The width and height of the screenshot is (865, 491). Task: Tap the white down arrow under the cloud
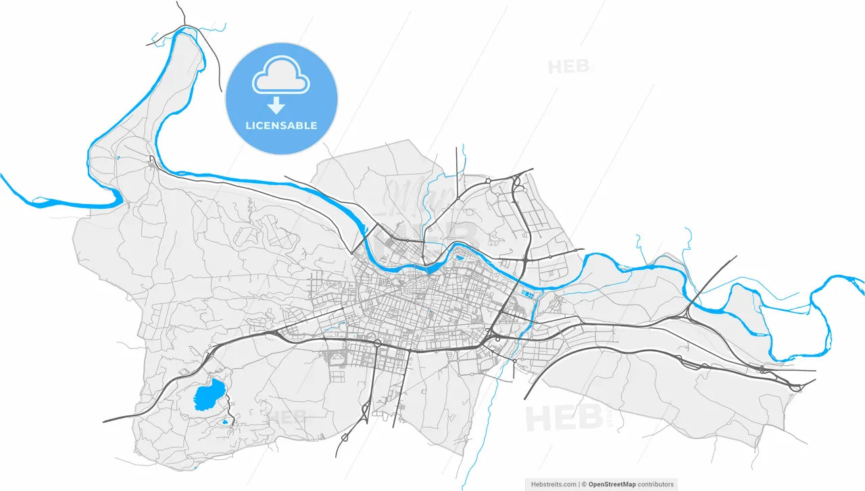click(x=276, y=105)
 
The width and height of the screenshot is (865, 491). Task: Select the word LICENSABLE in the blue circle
click(x=281, y=126)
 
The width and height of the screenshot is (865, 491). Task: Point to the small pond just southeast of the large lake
click(x=225, y=423)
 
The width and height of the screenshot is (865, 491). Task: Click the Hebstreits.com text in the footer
click(x=553, y=484)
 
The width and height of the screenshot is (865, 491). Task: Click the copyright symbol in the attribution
click(x=584, y=484)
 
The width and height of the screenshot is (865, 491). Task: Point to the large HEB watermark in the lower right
click(x=564, y=418)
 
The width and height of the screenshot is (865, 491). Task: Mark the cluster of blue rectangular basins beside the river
click(x=527, y=294)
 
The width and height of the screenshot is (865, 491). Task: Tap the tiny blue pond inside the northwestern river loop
click(x=118, y=158)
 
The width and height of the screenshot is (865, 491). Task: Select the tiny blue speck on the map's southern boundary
click(x=195, y=468)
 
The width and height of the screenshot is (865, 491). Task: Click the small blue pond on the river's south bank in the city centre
click(x=460, y=257)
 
